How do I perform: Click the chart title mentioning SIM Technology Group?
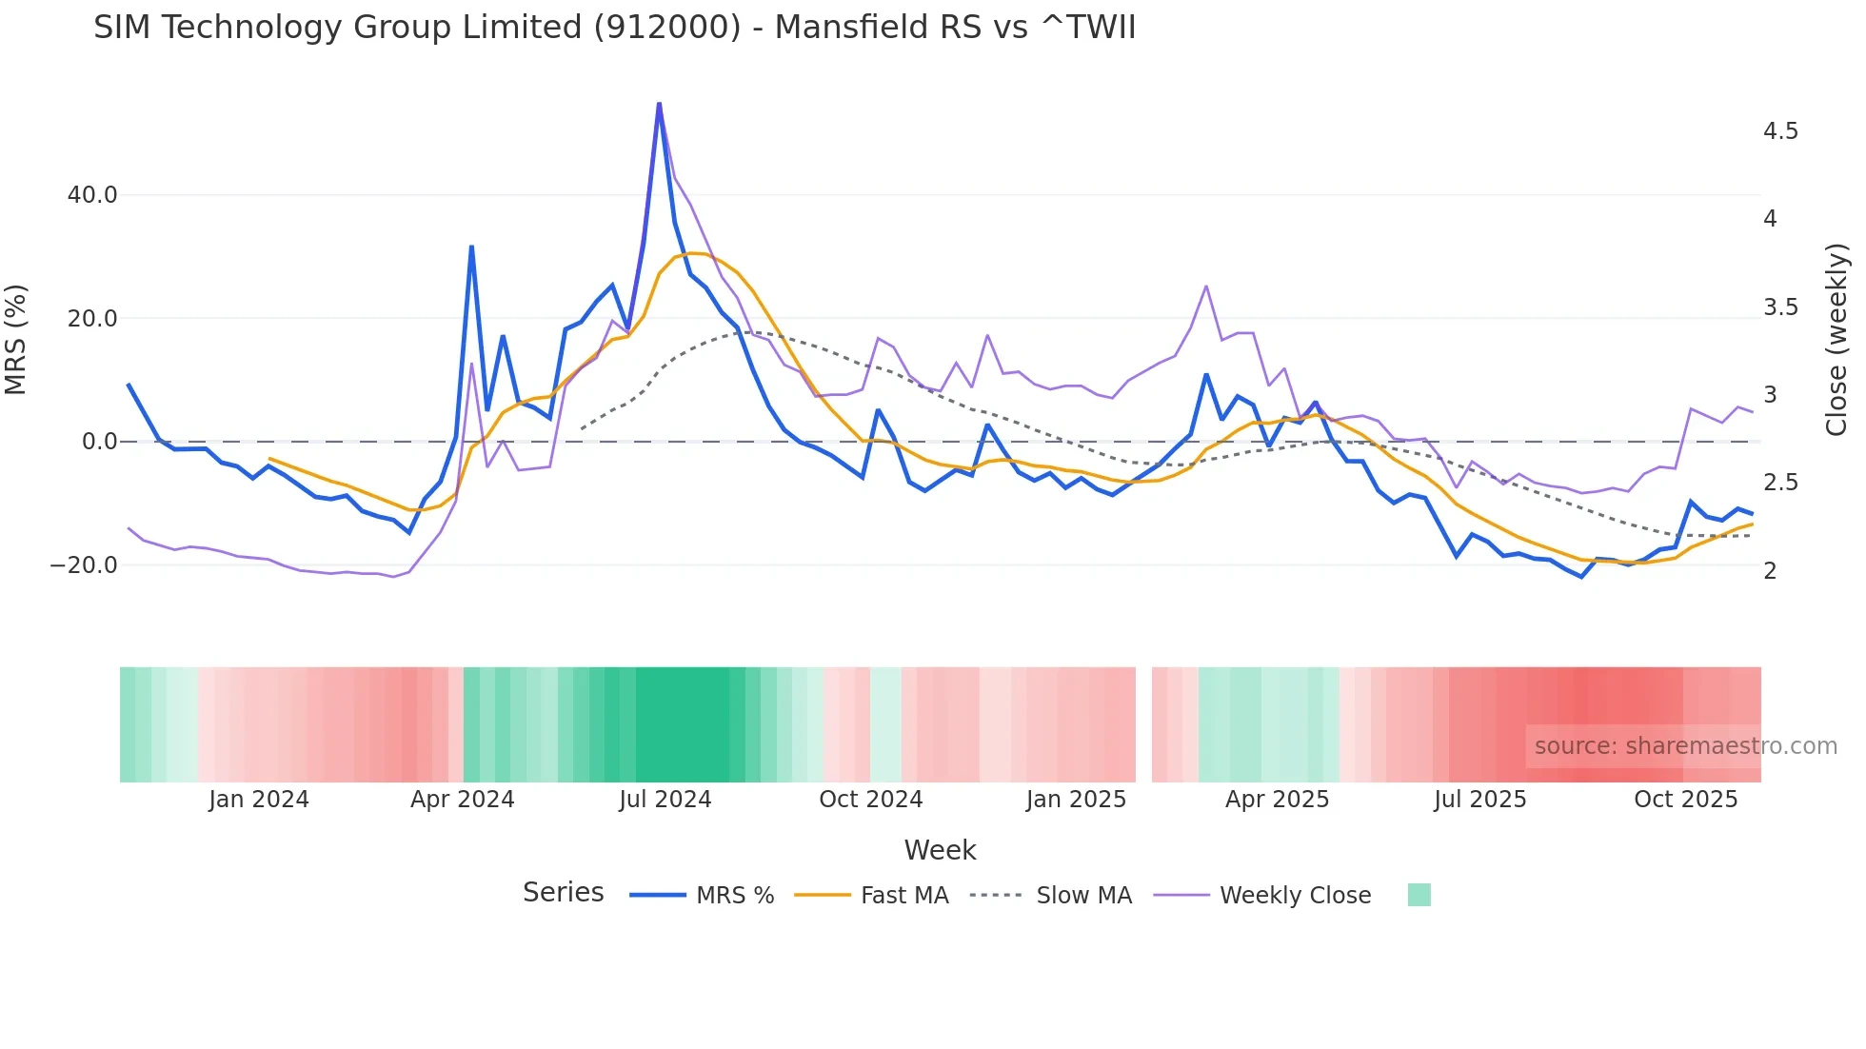point(614,28)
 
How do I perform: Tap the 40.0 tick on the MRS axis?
point(92,195)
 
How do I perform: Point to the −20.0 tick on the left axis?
point(84,565)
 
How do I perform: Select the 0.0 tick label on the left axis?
point(99,442)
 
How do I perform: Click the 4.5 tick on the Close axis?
point(1780,131)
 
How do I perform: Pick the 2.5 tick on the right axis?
point(1780,483)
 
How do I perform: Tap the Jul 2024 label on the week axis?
point(665,800)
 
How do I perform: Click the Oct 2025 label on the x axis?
point(1685,800)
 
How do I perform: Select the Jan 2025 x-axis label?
point(1076,800)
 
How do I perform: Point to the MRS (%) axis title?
point(16,340)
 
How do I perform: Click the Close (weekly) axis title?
point(1836,340)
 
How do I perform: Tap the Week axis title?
point(940,850)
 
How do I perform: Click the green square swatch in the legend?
point(1419,895)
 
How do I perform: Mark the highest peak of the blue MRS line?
point(659,104)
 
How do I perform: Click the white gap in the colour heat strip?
point(1143,724)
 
